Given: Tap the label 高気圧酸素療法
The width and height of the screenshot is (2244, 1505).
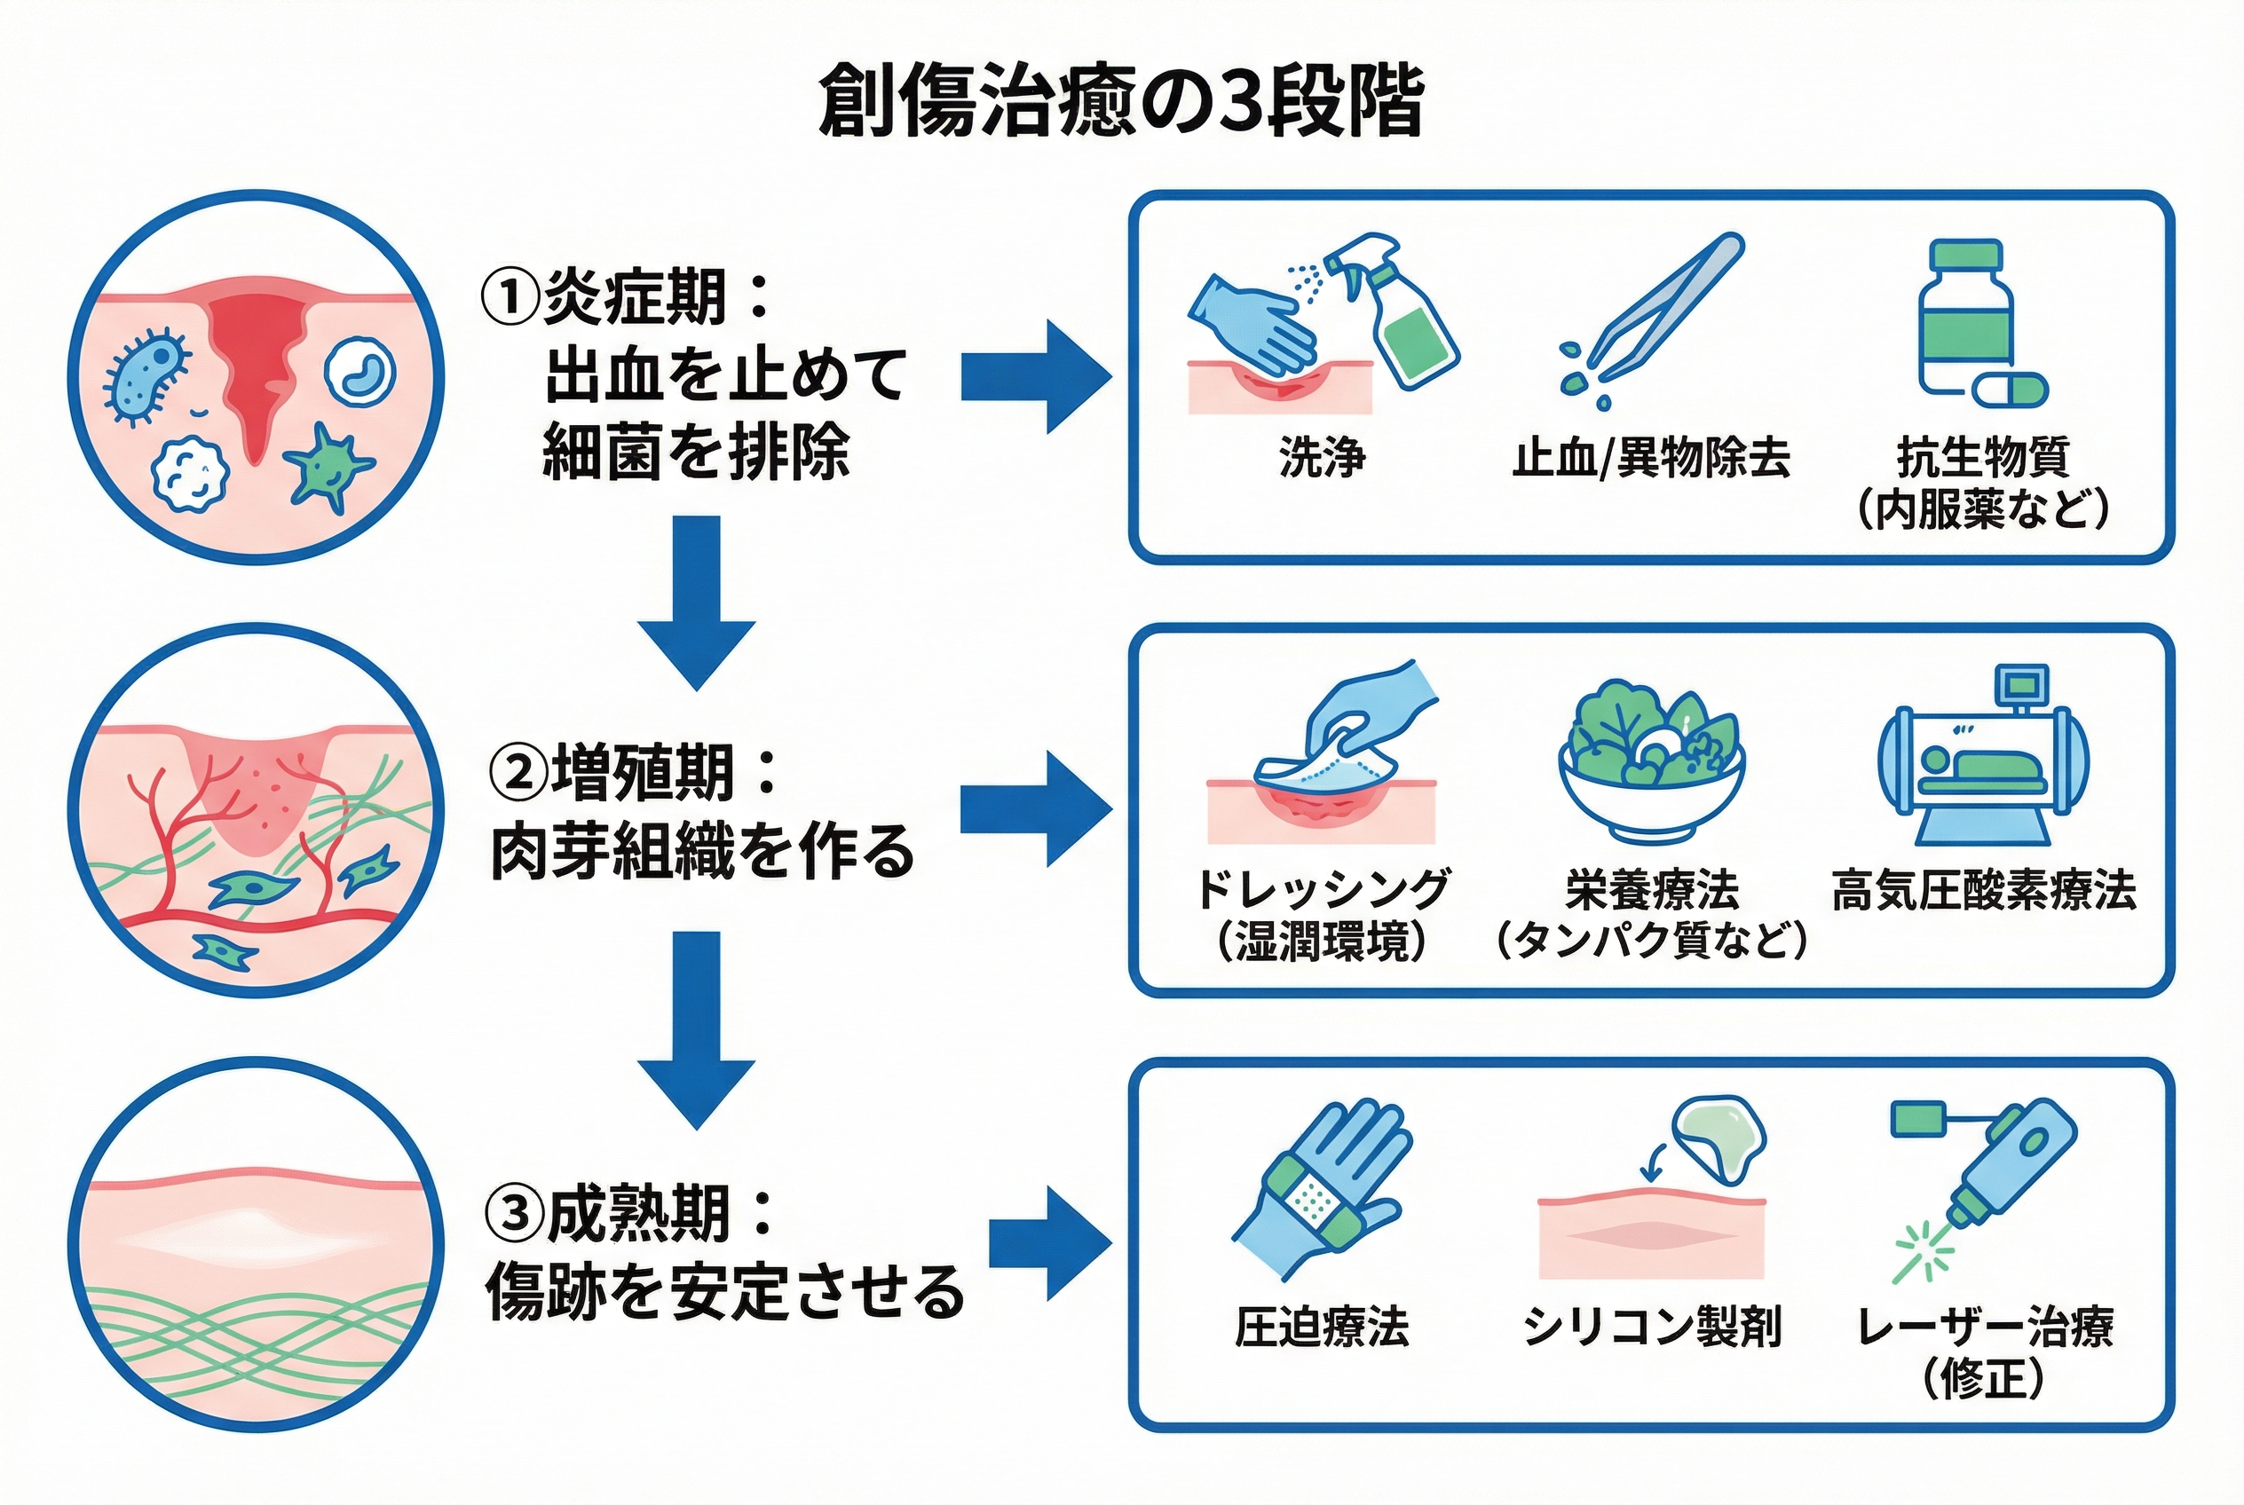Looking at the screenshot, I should (x=1984, y=891).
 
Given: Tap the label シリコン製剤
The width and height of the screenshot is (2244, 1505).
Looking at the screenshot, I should (x=1652, y=1327).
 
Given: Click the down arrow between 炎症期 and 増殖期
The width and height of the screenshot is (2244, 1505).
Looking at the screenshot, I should (x=696, y=600).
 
